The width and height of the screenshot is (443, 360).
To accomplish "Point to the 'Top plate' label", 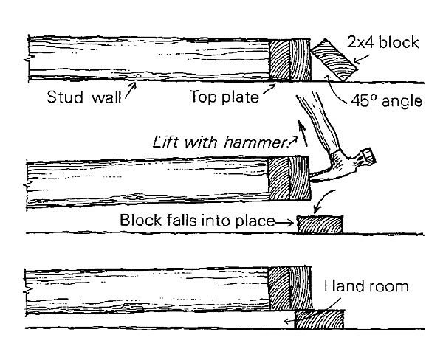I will pyautogui.click(x=219, y=97).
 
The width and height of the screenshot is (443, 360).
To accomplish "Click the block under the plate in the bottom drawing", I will pyautogui.click(x=319, y=319).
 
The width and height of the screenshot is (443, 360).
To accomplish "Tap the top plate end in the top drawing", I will pyautogui.click(x=287, y=60).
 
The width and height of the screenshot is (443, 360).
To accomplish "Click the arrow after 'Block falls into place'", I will pyautogui.click(x=285, y=221).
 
